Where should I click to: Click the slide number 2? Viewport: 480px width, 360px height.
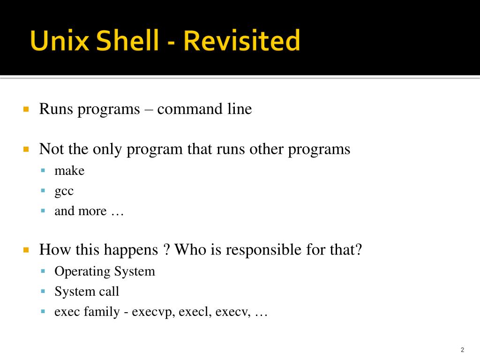(462, 350)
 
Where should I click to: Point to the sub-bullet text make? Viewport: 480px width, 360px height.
(69, 171)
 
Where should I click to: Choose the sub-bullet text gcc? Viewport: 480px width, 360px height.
(64, 191)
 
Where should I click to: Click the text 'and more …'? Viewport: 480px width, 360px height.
(89, 211)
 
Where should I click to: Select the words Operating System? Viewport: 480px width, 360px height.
(105, 271)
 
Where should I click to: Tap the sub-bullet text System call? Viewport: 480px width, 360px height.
(87, 292)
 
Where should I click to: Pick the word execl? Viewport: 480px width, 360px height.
(197, 312)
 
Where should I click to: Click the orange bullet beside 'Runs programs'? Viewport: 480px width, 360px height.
(26, 109)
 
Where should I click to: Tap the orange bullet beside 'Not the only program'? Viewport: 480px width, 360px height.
(26, 150)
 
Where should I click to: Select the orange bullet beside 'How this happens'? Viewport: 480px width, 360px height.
(26, 250)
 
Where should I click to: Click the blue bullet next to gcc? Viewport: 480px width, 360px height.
(43, 191)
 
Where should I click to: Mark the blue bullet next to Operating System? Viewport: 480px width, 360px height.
(43, 271)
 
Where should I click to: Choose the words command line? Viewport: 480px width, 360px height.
(204, 109)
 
